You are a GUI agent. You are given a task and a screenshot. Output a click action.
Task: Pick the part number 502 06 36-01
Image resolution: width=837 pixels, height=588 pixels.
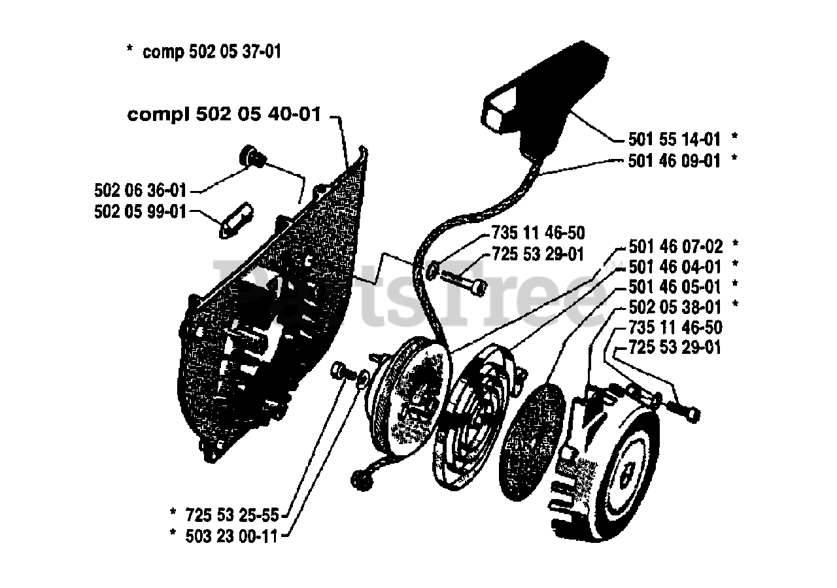pyautogui.click(x=139, y=190)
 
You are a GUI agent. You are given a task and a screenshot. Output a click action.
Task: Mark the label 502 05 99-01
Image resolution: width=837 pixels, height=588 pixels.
pyautogui.click(x=139, y=212)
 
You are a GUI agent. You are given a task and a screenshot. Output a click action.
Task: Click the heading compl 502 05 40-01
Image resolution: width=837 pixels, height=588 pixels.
pyautogui.click(x=224, y=115)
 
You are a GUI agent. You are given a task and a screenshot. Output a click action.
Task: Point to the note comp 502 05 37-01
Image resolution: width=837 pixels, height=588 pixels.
pyautogui.click(x=211, y=52)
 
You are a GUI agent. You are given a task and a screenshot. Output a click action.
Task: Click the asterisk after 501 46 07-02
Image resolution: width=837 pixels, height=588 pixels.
pyautogui.click(x=736, y=245)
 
